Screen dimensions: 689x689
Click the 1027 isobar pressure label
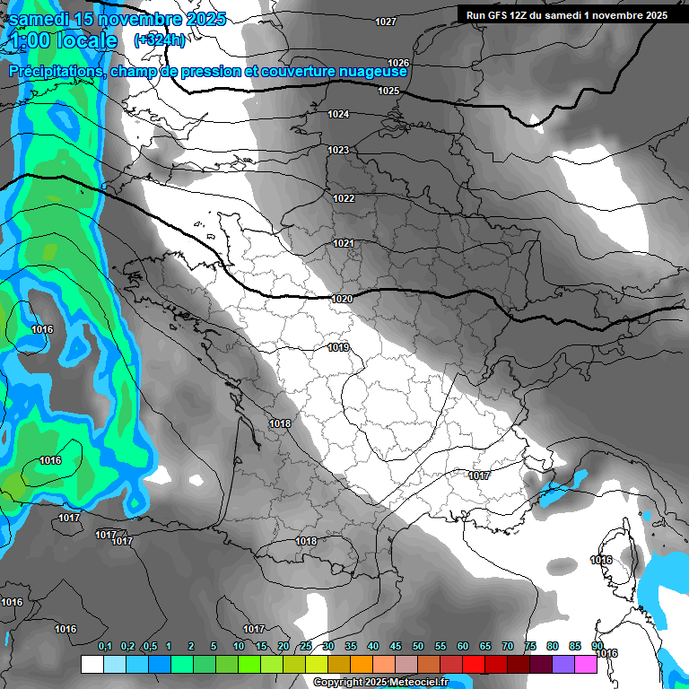coord(386,22)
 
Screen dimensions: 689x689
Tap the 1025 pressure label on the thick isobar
coord(388,92)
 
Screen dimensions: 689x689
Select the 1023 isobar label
coord(338,150)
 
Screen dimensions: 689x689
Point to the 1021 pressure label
coord(343,243)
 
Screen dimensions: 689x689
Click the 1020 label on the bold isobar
coord(341,298)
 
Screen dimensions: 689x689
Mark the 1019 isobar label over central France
coord(338,347)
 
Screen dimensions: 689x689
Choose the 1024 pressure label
coord(338,114)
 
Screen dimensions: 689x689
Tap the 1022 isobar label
coord(344,198)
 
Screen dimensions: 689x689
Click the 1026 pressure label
coord(398,63)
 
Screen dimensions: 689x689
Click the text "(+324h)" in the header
coord(160,40)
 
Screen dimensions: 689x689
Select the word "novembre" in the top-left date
coord(140,19)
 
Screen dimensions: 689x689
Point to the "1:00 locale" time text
coord(65,40)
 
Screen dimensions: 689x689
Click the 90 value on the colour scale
coord(597,646)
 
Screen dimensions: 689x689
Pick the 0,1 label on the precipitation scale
coord(105,646)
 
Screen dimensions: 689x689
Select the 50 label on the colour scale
coord(418,646)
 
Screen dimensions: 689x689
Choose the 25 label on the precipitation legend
coord(306,646)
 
